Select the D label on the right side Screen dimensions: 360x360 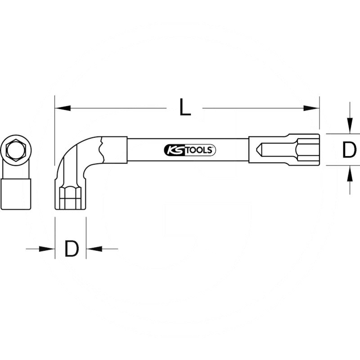349,150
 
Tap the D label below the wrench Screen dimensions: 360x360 71,248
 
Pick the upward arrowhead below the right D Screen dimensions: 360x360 349,173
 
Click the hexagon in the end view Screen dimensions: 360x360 16,149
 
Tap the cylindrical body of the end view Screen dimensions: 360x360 16,193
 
